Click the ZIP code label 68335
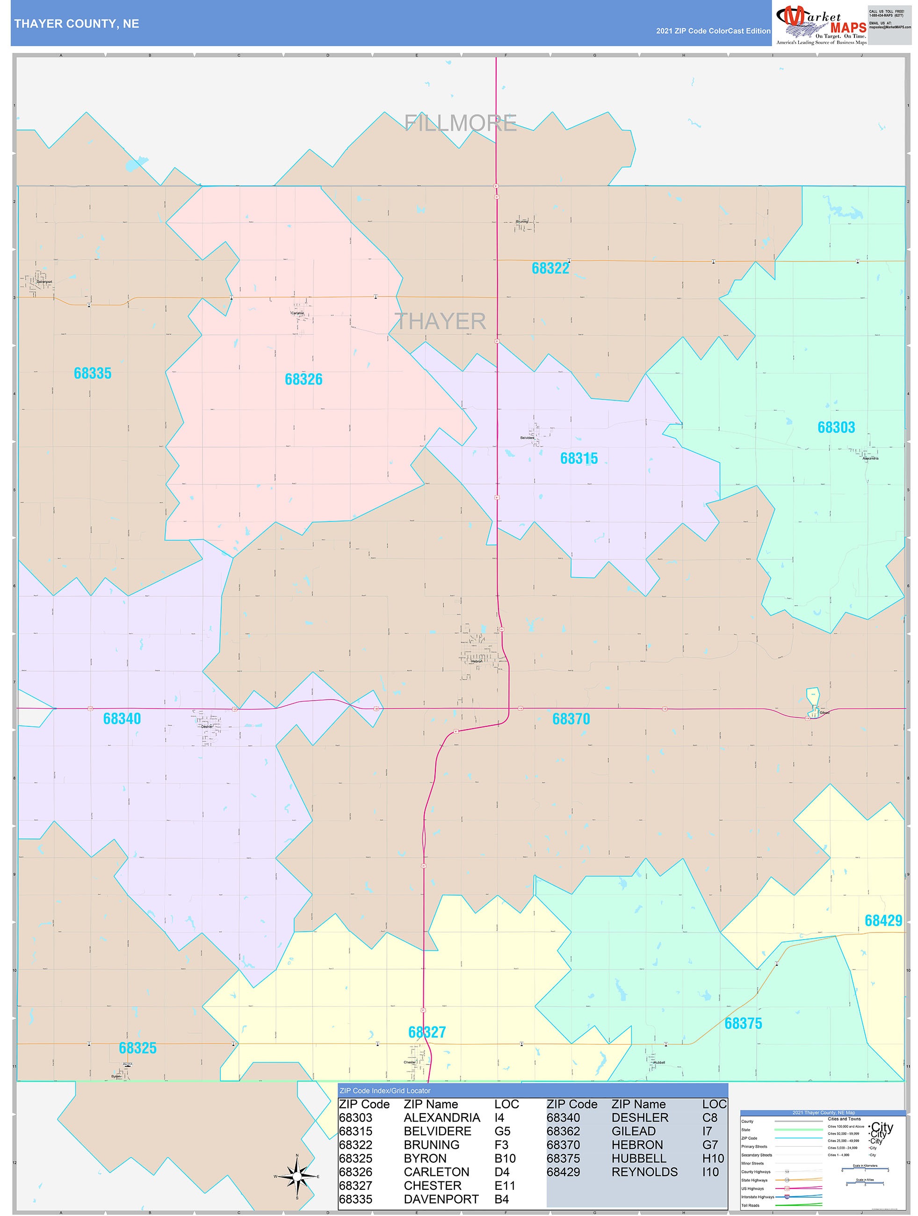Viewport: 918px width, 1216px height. pos(92,373)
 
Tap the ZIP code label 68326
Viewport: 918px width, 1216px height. pos(304,379)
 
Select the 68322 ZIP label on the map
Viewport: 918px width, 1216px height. pos(550,268)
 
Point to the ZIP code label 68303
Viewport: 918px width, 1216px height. pos(836,427)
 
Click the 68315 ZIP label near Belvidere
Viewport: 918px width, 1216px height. pos(578,458)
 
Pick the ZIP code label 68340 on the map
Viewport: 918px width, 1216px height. pos(122,718)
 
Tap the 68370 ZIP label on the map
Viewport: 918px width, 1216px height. pos(571,719)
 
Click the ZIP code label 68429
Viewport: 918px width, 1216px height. pos(883,921)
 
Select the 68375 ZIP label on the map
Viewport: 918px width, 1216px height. pos(743,1024)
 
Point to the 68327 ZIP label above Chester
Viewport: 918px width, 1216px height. pos(426,1032)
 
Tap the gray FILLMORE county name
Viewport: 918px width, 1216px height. pos(460,123)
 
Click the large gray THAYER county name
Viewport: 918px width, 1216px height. pos(441,321)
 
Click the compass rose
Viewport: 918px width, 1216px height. pos(297,1176)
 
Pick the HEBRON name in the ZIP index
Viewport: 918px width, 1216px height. pos(637,1144)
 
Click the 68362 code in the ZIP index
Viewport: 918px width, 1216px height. pos(563,1131)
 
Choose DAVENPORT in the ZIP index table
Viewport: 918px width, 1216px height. pos(441,1199)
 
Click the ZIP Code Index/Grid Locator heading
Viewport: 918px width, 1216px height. pos(385,1091)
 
